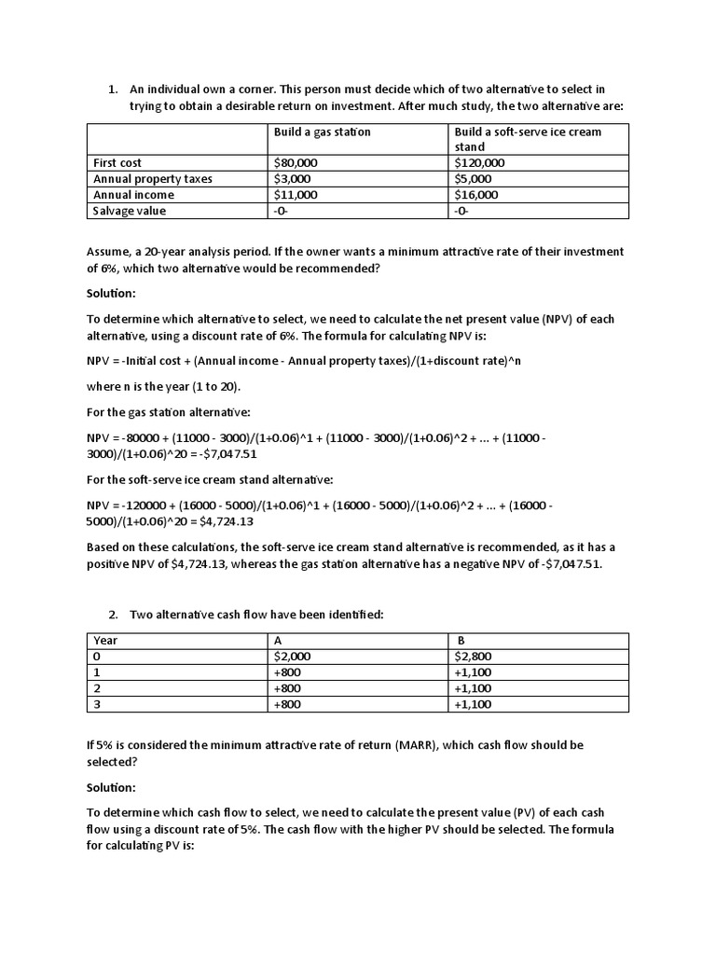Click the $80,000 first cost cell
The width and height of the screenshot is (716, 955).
coord(296,163)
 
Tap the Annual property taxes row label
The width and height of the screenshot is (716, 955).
coord(153,179)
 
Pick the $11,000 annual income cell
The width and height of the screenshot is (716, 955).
coord(296,195)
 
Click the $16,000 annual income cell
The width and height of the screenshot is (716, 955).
coord(476,195)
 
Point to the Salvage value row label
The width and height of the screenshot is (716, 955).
coord(130,211)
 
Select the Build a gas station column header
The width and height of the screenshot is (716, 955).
coord(322,131)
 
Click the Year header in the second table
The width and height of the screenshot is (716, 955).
coord(105,641)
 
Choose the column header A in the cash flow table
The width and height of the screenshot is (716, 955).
coord(277,641)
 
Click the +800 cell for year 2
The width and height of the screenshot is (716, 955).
coord(287,688)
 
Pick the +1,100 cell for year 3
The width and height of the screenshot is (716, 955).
coord(475,704)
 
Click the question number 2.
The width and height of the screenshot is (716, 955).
coord(112,614)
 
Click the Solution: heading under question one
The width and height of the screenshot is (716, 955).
coord(113,293)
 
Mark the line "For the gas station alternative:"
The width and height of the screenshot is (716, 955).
coord(170,411)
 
